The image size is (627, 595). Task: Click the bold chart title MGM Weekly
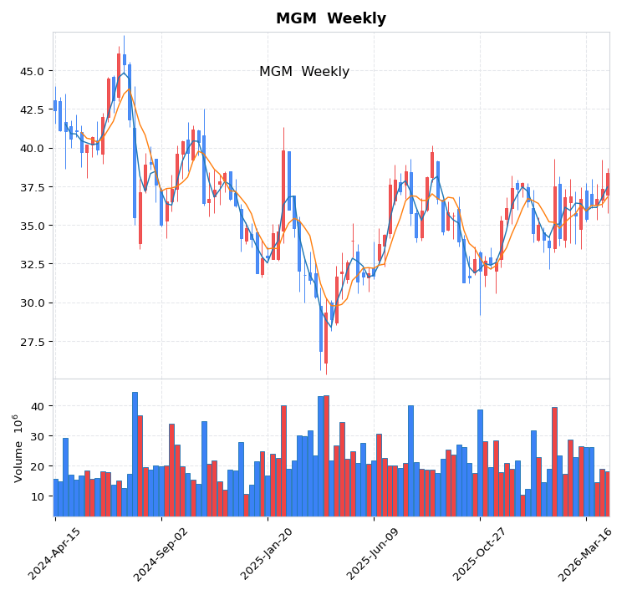pos(331,18)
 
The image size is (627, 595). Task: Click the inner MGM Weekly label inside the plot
pos(304,72)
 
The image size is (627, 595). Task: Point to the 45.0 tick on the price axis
pos(30,71)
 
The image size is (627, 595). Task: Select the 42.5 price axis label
pos(30,109)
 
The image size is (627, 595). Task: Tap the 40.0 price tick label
pos(30,149)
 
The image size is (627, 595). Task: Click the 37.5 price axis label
pos(30,187)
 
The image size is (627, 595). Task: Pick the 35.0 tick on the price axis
pos(30,226)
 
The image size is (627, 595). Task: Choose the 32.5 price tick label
pos(30,264)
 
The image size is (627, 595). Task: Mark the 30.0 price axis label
pos(30,303)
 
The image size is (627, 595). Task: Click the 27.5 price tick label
pos(30,342)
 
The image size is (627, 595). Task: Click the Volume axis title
pos(18,447)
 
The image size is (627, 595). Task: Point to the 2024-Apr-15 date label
pos(55,554)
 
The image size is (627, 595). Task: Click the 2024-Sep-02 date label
pos(161,554)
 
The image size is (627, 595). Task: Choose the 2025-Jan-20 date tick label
pos(268,554)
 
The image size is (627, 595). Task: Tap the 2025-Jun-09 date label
pos(374,554)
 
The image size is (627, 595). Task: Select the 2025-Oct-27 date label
pos(480,554)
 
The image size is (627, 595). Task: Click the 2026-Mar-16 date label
pos(586,554)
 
